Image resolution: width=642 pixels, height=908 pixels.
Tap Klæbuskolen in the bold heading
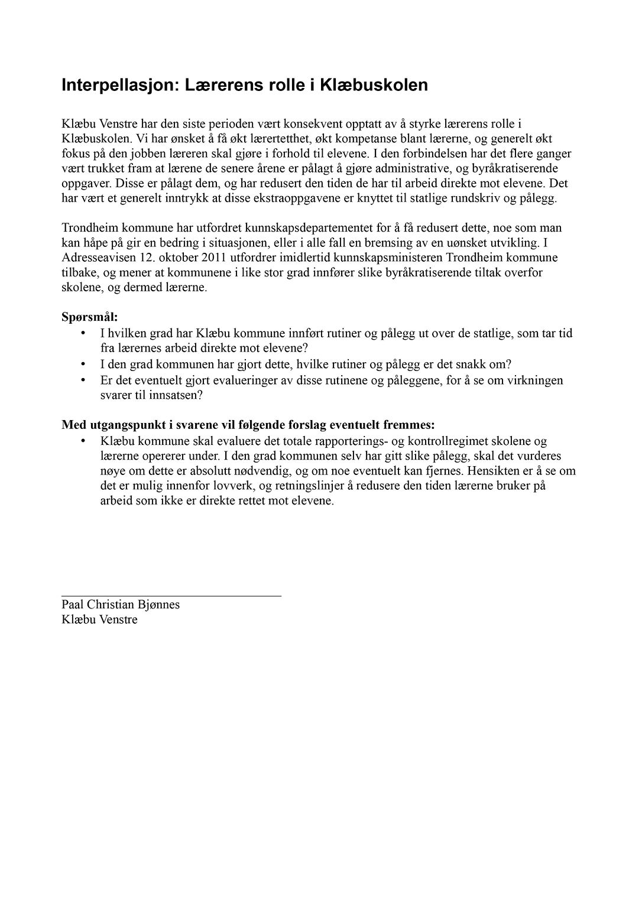coord(374,86)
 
